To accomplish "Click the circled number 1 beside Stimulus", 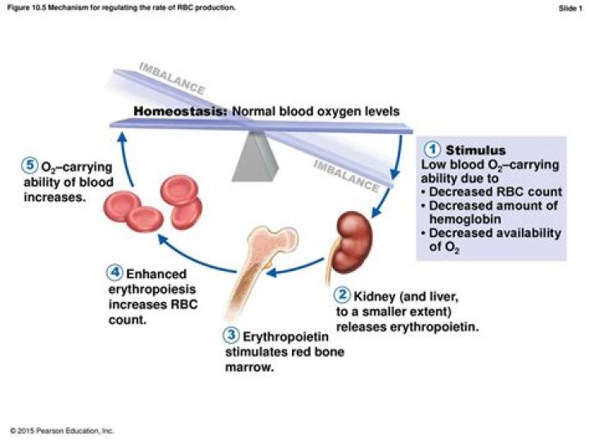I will (434, 150).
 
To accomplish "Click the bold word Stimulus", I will (475, 151).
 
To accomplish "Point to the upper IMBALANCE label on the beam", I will (172, 77).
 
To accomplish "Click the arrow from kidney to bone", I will (298, 267).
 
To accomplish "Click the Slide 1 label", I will (569, 7).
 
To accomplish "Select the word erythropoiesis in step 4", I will (151, 290).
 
